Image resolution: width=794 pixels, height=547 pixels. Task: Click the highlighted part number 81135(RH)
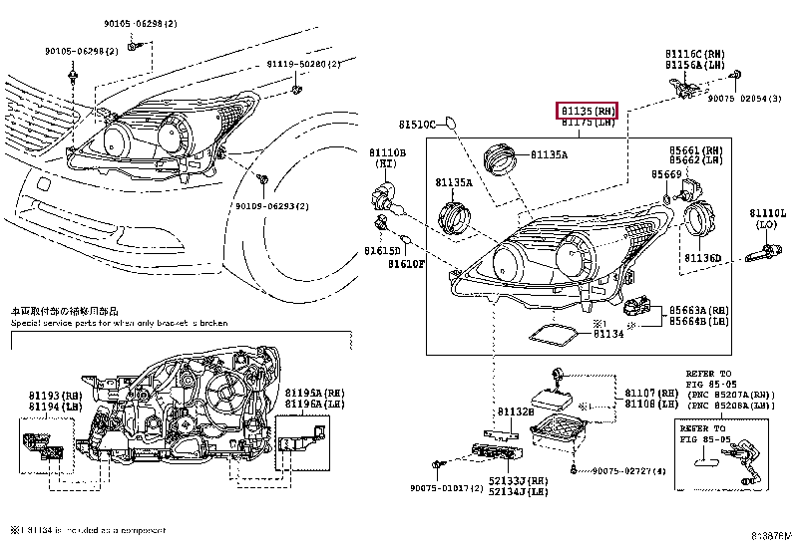pyautogui.click(x=588, y=110)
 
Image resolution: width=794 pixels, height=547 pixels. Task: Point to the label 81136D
pyautogui.click(x=701, y=258)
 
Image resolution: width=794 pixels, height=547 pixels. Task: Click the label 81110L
pyautogui.click(x=768, y=213)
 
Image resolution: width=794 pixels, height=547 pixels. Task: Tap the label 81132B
pyautogui.click(x=517, y=410)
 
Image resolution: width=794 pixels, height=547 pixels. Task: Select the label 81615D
pyautogui.click(x=381, y=250)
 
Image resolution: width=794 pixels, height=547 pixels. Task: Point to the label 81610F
pyautogui.click(x=407, y=264)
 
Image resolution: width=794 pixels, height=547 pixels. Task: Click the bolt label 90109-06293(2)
pyautogui.click(x=272, y=206)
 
